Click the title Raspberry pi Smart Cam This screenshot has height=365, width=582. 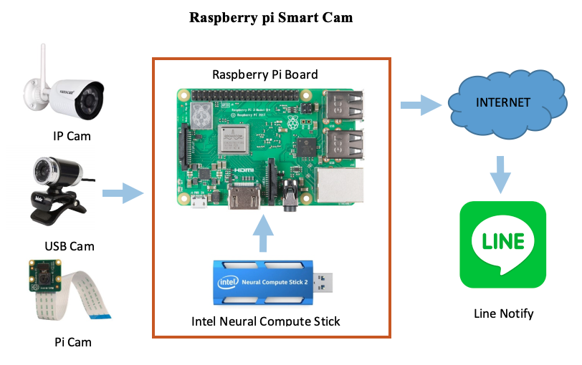[270, 17]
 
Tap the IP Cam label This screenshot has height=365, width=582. [72, 135]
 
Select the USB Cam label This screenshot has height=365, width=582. [70, 246]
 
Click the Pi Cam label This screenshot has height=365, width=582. [72, 342]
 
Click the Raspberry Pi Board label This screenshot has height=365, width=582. [265, 74]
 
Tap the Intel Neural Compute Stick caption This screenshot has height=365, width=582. [266, 321]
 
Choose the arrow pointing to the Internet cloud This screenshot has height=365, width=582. [418, 106]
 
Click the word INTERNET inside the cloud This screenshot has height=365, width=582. [503, 102]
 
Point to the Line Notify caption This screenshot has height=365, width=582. [504, 313]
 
